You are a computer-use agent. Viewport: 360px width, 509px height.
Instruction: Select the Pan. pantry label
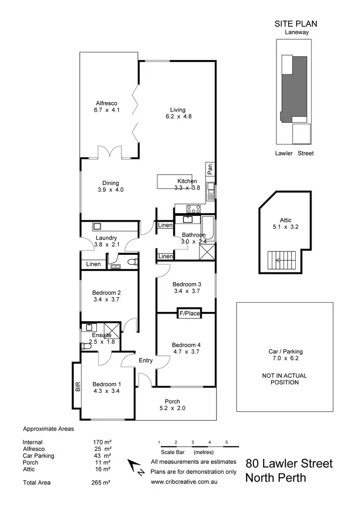tap(210, 168)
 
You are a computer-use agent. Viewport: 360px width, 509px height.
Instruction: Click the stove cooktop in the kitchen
tap(193, 209)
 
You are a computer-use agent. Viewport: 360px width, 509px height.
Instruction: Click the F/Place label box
tap(189, 314)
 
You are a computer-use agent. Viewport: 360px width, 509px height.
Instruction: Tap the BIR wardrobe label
tap(77, 387)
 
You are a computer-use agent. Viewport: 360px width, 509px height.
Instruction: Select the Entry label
tap(146, 361)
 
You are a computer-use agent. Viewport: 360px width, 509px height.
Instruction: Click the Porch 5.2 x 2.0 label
tap(172, 405)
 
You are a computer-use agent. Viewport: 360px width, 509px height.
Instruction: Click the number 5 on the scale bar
tap(226, 442)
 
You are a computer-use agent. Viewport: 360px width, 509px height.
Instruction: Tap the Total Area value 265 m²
tap(102, 483)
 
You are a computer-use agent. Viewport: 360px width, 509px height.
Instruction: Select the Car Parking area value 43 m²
tap(102, 456)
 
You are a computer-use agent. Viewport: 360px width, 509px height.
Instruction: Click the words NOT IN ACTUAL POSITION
tap(285, 379)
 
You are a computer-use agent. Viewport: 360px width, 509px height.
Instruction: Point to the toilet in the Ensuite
tap(86, 345)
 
